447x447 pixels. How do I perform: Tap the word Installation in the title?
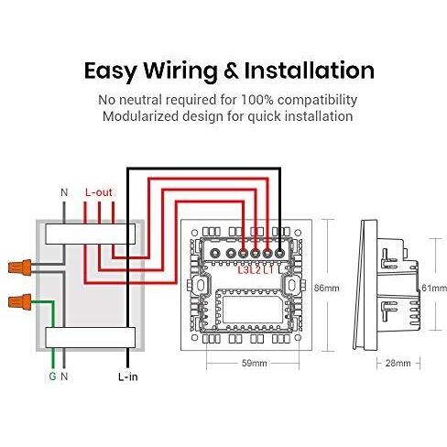(x=310, y=71)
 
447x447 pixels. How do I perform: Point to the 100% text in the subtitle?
(x=257, y=100)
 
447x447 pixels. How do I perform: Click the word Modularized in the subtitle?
(x=140, y=116)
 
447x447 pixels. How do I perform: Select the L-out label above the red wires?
(x=99, y=192)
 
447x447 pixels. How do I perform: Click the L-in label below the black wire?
(x=128, y=376)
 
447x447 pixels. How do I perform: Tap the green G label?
(x=52, y=376)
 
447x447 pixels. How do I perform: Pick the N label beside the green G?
(x=64, y=376)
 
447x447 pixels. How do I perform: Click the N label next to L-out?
(x=64, y=192)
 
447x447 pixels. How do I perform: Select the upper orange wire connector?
(x=20, y=267)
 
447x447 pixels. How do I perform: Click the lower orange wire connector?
(x=20, y=302)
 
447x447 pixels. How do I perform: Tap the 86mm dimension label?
(x=327, y=288)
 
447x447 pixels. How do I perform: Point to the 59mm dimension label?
(x=254, y=363)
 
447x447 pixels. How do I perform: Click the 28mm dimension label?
(x=398, y=363)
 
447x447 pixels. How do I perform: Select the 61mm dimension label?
(x=434, y=288)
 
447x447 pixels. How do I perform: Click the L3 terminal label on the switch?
(x=244, y=270)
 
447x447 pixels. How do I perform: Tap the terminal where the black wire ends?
(x=279, y=253)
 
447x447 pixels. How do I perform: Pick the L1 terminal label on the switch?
(x=268, y=270)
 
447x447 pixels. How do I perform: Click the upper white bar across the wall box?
(x=91, y=234)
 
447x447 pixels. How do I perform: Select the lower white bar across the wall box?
(x=91, y=337)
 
